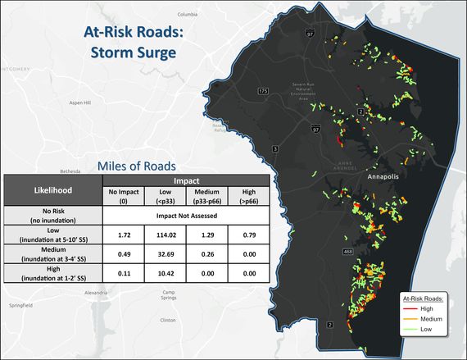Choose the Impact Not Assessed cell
pyautogui.click(x=186, y=216)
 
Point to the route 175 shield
pyautogui.click(x=262, y=90)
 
